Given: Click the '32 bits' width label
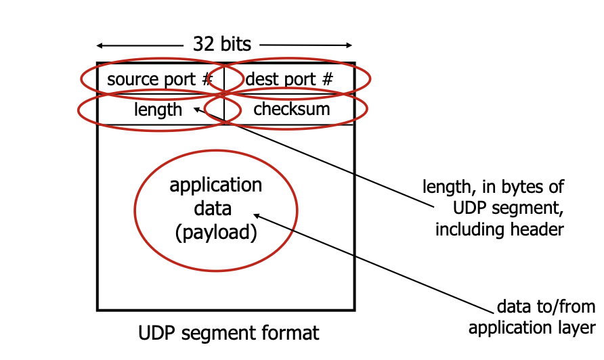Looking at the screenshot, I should tap(222, 45).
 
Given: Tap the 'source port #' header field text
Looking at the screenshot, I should tap(160, 79).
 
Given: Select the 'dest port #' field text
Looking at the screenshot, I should tap(289, 79).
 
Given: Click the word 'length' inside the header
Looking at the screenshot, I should tap(158, 109).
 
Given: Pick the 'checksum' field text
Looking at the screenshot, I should tap(291, 108).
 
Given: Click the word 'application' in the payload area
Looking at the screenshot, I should tap(215, 185).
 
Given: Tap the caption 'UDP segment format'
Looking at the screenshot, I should tap(228, 333).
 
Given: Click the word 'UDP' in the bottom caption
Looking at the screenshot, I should tap(154, 333).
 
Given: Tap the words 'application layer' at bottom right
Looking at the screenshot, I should tap(531, 328).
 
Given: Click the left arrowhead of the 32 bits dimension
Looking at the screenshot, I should tap(100, 46).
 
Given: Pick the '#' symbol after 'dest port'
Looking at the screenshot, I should tap(327, 79).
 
